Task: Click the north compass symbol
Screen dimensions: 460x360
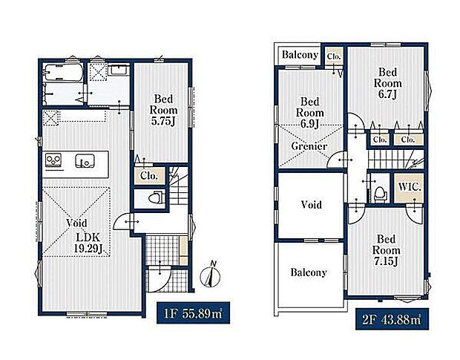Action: tap(211, 275)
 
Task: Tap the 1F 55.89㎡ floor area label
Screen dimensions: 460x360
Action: tap(193, 313)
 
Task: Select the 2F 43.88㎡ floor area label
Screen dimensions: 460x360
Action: tap(392, 319)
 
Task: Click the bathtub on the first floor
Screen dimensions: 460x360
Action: tap(62, 72)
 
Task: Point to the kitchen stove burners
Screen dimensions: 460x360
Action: tap(53, 161)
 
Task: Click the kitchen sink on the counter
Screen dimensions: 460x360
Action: tap(85, 161)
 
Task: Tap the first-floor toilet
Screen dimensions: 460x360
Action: tap(155, 197)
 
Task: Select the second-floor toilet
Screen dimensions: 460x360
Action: tap(380, 194)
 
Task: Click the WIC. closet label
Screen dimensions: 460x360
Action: tap(410, 187)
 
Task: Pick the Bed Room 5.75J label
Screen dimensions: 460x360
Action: tap(163, 110)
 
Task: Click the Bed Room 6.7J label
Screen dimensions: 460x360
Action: tap(387, 83)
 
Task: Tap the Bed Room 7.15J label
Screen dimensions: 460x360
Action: tap(386, 250)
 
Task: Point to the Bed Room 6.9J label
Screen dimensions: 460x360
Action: tap(310, 113)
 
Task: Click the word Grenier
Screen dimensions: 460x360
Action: tap(309, 145)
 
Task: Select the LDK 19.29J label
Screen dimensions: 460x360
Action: tap(88, 243)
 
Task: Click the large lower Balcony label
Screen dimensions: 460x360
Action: tap(309, 272)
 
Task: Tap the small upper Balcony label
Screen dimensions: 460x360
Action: tap(300, 55)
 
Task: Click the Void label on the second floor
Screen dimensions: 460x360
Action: tap(312, 205)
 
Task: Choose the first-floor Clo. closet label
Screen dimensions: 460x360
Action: tap(149, 176)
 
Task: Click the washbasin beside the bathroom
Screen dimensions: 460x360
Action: tap(119, 71)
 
